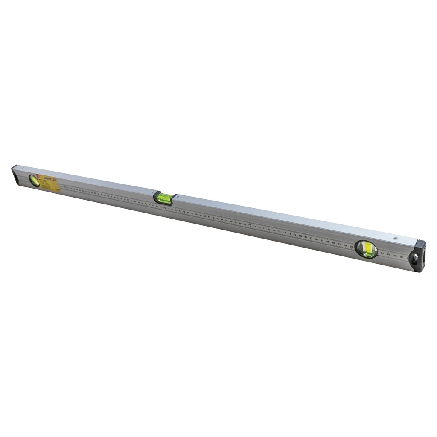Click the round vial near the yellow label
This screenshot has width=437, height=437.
click(x=34, y=180)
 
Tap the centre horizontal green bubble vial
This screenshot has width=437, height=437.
click(x=165, y=198)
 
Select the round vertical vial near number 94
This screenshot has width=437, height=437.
click(x=366, y=249)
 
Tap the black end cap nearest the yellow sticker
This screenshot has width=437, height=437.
click(x=15, y=174)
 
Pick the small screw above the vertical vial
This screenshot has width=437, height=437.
click(x=396, y=239)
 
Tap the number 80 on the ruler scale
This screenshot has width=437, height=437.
click(x=300, y=236)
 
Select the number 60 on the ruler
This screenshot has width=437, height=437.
click(x=205, y=216)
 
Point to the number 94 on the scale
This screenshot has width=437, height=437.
click(x=382, y=253)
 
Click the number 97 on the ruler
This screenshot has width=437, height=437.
click(x=402, y=257)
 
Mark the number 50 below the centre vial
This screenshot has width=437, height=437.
click(x=164, y=208)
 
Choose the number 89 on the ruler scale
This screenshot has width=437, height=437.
click(x=351, y=247)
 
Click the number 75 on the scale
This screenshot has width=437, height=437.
click(x=274, y=230)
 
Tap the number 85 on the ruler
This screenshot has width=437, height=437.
click(x=328, y=242)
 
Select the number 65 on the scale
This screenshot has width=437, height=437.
click(x=227, y=220)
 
